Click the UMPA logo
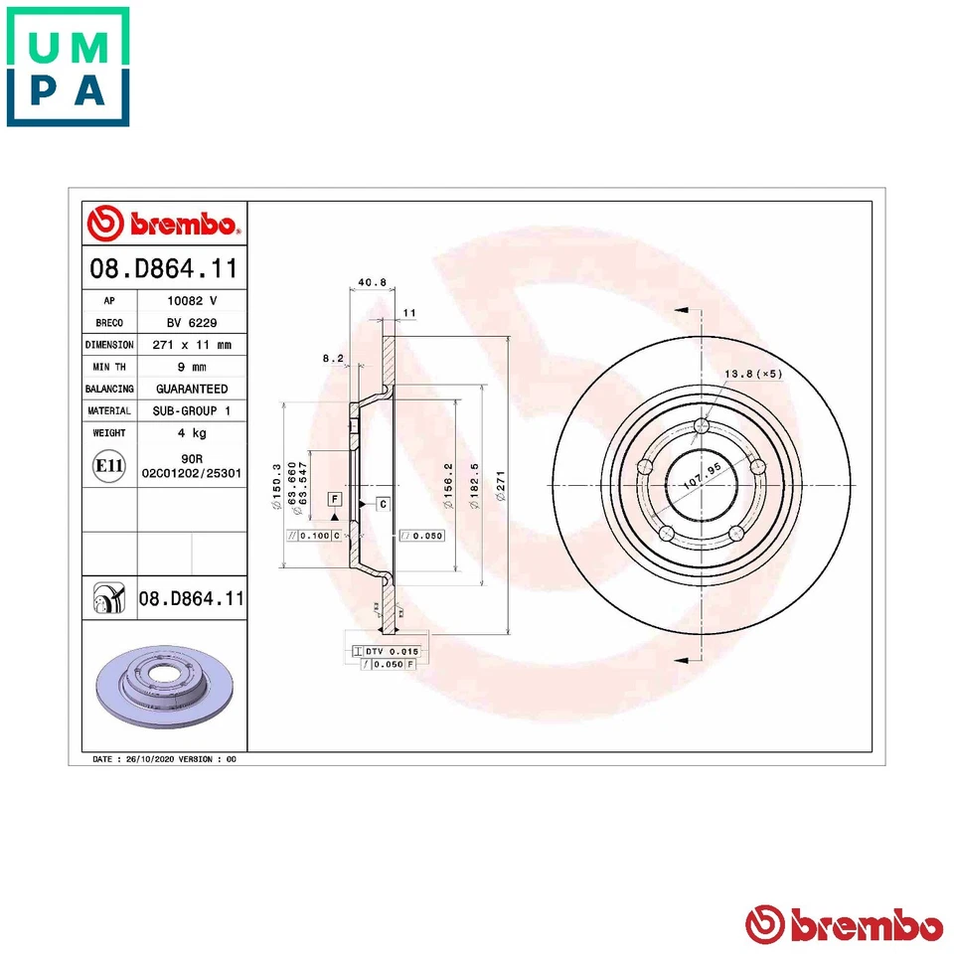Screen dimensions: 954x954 coord(68,67)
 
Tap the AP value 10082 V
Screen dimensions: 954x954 coord(190,300)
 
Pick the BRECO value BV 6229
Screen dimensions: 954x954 coord(191,322)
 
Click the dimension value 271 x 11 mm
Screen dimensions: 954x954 coord(191,345)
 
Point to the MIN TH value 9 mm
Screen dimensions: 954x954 coord(191,367)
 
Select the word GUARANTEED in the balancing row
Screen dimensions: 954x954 coord(191,389)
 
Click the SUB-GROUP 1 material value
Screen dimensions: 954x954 coord(191,410)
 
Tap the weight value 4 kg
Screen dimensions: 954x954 coord(191,433)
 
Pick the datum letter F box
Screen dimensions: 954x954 coord(335,498)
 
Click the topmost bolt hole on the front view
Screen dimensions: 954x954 coord(703,426)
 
